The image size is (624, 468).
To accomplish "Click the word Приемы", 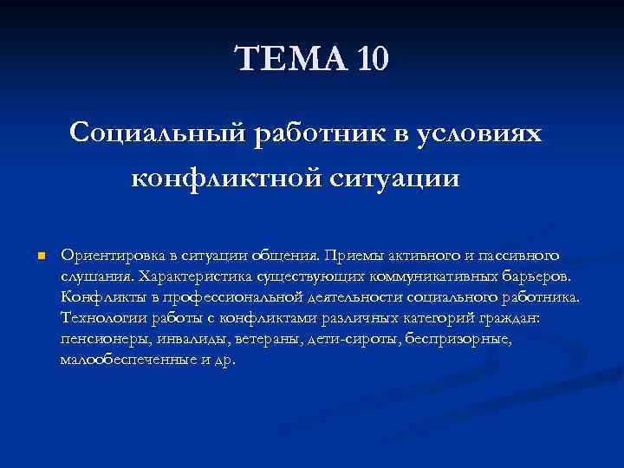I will pos(351,256).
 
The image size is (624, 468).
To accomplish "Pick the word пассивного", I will pos(520,256).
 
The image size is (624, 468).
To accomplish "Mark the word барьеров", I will pos(537,276).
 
